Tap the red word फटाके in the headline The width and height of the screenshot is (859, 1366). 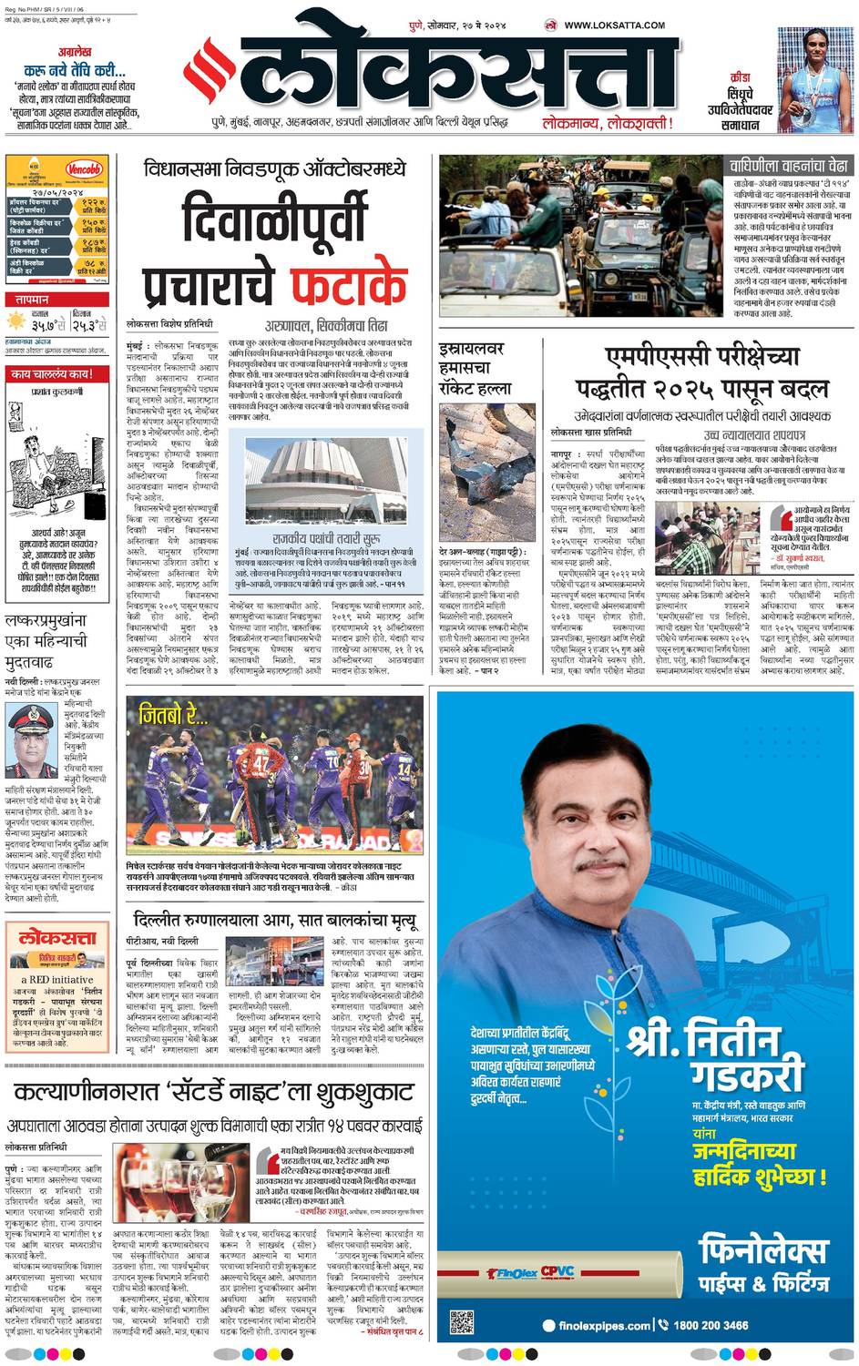coord(349,283)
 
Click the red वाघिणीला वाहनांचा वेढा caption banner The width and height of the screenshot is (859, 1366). coord(788,166)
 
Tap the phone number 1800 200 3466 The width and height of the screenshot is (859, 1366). coord(711,1325)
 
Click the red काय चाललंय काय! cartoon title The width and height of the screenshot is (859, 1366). coord(52,373)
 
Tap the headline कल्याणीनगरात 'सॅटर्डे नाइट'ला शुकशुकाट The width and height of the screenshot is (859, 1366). coord(214,1092)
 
